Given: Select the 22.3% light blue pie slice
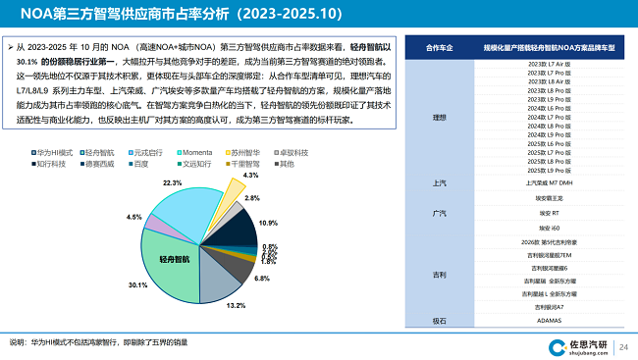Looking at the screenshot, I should pyautogui.click(x=186, y=208).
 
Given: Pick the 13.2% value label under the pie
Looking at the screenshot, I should pyautogui.click(x=237, y=306).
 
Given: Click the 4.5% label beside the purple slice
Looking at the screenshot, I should pyautogui.click(x=134, y=217).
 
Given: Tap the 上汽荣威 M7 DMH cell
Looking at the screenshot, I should pyautogui.click(x=550, y=183).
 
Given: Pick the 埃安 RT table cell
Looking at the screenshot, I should pyautogui.click(x=550, y=212).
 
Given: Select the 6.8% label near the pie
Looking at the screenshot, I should pyautogui.click(x=261, y=279).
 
